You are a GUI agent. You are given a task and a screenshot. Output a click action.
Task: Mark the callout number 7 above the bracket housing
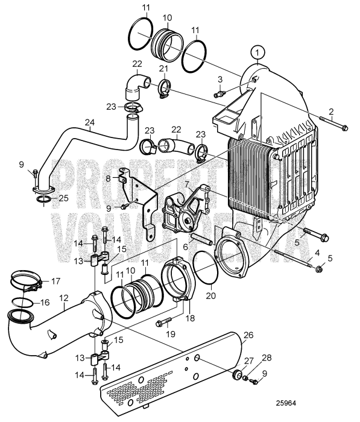coord(188,183)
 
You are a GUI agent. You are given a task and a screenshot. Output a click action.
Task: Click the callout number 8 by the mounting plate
coord(108,178)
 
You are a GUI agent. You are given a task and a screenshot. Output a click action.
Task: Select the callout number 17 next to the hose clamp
coord(56,280)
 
